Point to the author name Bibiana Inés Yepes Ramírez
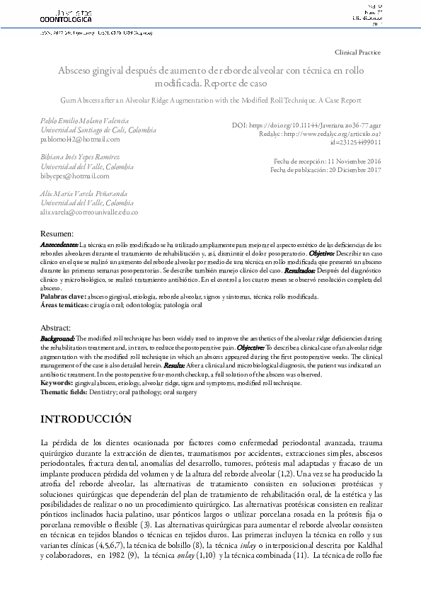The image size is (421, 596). coord(75,156)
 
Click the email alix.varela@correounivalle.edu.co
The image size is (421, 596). coord(88,211)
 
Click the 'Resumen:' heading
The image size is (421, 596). coord(56,234)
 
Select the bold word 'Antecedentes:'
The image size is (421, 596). coord(59,243)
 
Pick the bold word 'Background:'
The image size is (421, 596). coord(58,339)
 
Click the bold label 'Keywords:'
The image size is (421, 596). coord(56,383)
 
